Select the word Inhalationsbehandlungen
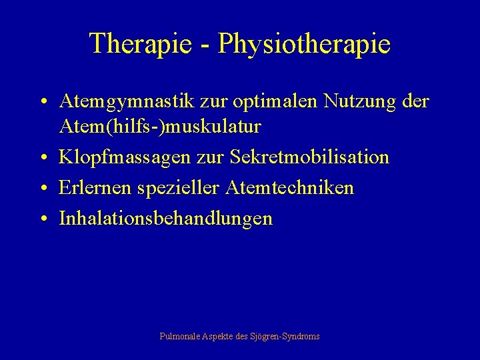pos(165,219)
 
